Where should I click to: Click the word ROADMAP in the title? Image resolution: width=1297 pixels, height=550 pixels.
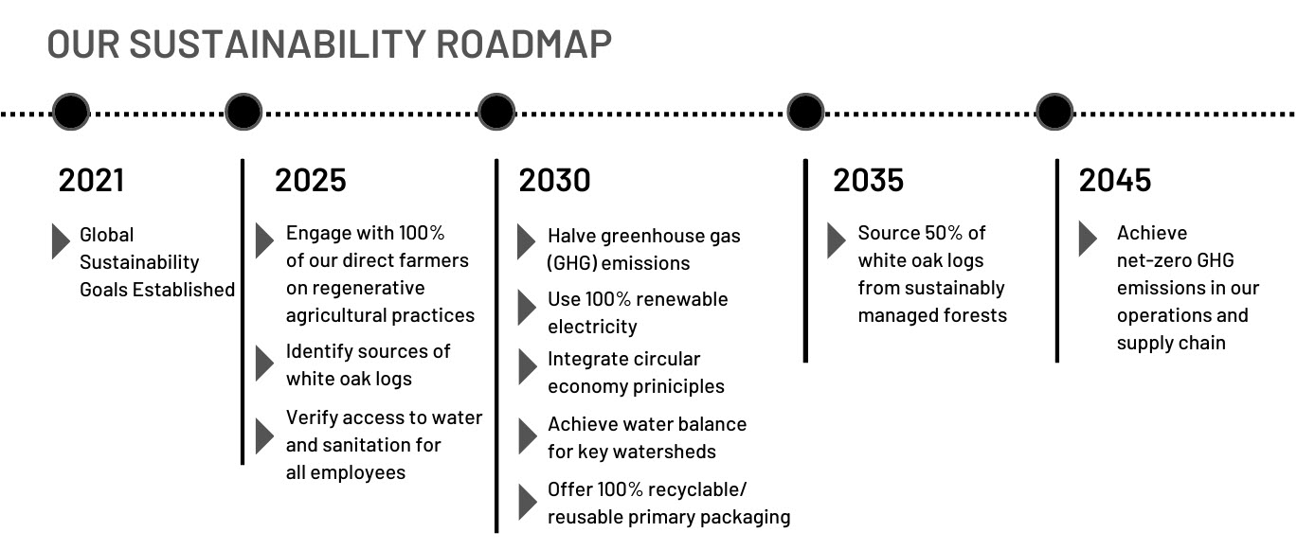(x=523, y=44)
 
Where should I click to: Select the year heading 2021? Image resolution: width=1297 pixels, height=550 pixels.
(x=91, y=180)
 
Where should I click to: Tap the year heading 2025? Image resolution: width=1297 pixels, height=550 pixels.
(x=311, y=180)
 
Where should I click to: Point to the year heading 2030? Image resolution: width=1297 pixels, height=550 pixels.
(x=554, y=180)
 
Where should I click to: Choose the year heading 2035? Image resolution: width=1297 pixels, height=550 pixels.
(x=868, y=180)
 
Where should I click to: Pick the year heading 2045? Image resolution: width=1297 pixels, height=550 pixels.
(x=1114, y=180)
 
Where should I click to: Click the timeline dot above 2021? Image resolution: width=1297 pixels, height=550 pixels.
(x=71, y=112)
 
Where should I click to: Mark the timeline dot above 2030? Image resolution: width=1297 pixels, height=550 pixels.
(x=496, y=112)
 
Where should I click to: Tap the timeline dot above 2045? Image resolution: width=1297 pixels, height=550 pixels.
(x=1054, y=112)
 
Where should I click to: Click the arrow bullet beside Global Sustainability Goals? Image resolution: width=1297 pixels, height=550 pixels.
(x=61, y=241)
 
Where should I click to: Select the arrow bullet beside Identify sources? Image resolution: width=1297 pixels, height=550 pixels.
(x=264, y=364)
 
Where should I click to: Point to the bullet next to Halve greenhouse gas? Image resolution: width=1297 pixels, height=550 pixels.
(x=526, y=241)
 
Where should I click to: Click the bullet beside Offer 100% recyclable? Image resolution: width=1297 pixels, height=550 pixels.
(x=527, y=502)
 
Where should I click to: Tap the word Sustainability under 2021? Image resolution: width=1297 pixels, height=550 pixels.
(x=139, y=262)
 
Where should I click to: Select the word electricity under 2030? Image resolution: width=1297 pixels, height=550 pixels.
(x=592, y=328)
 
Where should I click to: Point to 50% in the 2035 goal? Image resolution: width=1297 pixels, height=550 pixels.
(x=945, y=233)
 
